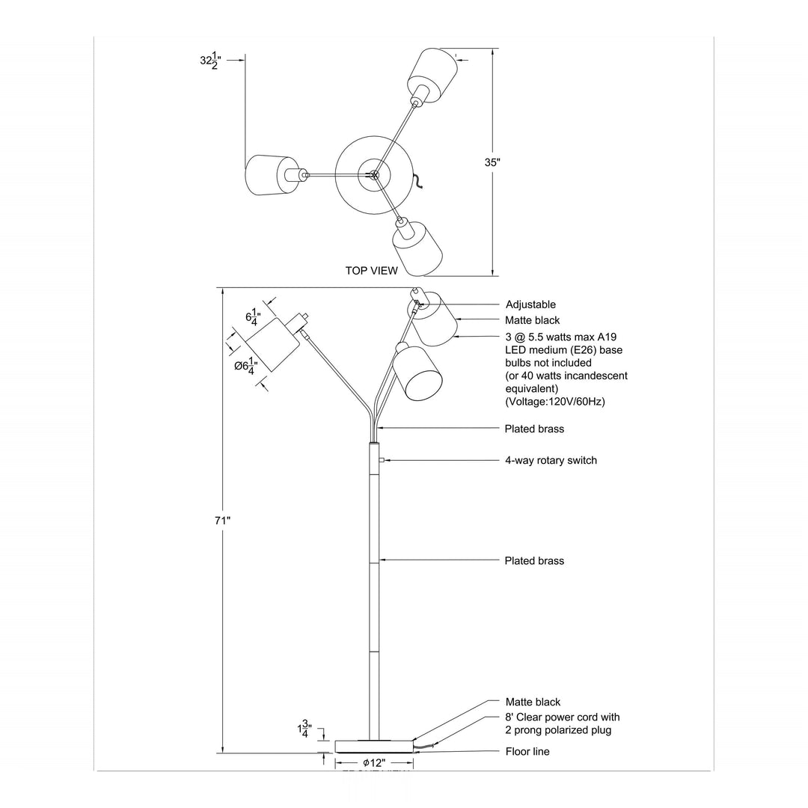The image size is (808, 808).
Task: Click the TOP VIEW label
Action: [x=371, y=271]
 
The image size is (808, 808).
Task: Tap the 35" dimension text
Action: [x=492, y=162]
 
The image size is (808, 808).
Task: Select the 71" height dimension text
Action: [x=222, y=519]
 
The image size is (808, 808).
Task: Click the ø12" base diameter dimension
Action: [x=373, y=762]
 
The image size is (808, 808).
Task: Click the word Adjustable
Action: [x=530, y=304]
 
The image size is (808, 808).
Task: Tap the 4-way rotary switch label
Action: [x=551, y=460]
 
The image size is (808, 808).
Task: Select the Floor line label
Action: [x=527, y=751]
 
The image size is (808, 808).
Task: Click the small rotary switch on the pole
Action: [x=382, y=460]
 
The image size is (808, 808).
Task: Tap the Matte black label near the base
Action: [x=533, y=702]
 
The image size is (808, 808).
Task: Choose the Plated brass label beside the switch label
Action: [x=534, y=429]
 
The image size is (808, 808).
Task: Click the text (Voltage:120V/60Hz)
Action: [x=555, y=402]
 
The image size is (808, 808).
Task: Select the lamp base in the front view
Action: [x=374, y=745]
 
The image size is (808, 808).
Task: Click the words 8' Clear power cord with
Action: [x=563, y=717]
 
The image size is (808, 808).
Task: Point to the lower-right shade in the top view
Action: [x=417, y=247]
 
